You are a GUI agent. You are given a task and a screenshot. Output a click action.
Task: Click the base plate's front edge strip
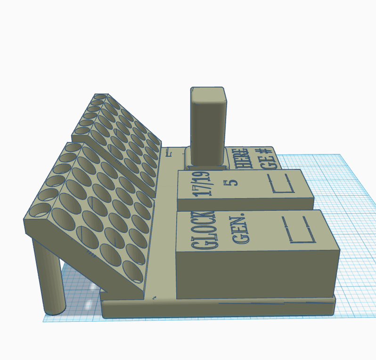coord(217,308)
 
